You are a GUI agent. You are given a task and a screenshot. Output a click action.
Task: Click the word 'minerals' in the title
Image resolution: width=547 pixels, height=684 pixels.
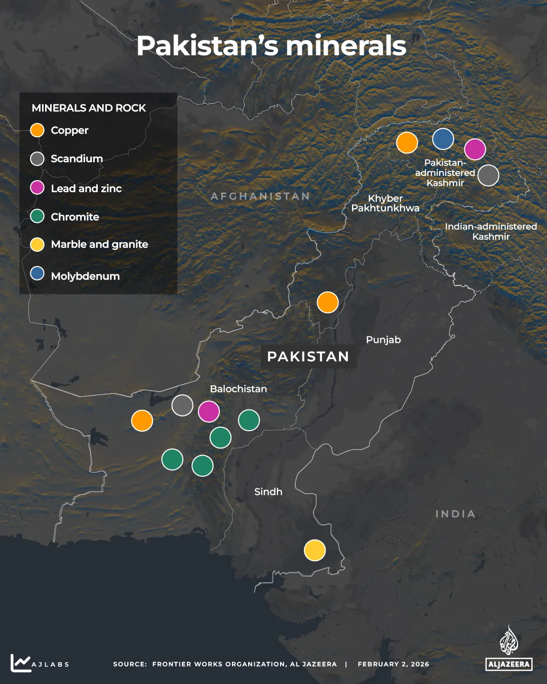[x=345, y=46]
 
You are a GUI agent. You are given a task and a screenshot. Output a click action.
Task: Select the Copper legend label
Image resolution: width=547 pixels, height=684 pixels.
[x=69, y=131]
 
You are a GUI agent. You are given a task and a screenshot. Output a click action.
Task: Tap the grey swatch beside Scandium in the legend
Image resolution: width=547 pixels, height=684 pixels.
[x=37, y=159]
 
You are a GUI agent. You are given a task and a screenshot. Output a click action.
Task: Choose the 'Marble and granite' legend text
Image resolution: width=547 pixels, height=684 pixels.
[x=99, y=245]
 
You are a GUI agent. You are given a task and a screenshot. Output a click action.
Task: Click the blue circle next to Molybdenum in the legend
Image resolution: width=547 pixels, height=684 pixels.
[x=37, y=274]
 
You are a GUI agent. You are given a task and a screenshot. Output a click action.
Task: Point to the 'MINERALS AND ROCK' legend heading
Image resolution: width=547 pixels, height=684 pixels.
[x=89, y=108]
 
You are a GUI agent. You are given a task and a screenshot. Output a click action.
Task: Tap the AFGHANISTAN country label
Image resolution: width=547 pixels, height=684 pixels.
[x=260, y=197]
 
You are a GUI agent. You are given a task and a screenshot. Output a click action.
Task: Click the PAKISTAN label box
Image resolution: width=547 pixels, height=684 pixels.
[x=308, y=357]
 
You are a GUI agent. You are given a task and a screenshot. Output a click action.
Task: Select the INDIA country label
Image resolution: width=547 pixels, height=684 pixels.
[x=455, y=514]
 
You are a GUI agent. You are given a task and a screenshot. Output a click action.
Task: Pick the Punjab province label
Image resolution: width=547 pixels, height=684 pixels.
[x=383, y=340]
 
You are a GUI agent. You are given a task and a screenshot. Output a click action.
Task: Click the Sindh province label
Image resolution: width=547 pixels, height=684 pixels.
[x=268, y=492]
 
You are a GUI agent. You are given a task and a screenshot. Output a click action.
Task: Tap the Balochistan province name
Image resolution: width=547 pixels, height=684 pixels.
[x=238, y=389]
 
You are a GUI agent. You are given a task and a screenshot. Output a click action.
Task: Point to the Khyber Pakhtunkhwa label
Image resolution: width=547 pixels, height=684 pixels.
[x=385, y=203]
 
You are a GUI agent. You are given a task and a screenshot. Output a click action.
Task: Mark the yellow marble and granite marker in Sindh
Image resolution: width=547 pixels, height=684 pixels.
[x=315, y=550]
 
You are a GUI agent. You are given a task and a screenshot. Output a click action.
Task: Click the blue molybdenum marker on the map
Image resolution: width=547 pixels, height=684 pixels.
[x=443, y=139]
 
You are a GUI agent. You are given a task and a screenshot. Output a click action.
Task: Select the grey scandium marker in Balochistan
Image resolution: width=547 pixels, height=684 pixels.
[x=182, y=405]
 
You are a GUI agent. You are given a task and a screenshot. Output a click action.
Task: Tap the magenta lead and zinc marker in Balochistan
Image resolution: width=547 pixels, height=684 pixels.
[x=209, y=411]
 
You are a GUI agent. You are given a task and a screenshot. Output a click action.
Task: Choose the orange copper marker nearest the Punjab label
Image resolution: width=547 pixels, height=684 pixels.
[x=328, y=302]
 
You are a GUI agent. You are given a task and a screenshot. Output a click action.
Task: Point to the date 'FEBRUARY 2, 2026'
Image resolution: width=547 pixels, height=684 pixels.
[x=393, y=664]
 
